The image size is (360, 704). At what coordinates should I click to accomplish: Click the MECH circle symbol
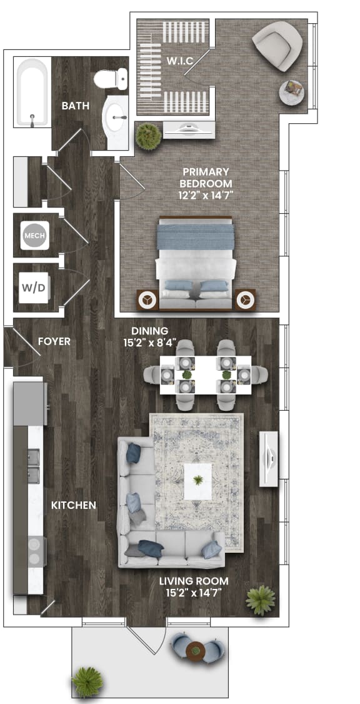(x=32, y=236)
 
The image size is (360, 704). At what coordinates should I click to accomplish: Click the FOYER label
(x=54, y=341)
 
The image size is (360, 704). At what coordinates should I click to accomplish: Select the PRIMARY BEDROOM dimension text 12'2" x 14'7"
(x=206, y=196)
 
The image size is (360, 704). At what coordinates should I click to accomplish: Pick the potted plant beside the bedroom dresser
(x=148, y=136)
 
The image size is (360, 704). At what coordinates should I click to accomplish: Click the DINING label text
(x=149, y=331)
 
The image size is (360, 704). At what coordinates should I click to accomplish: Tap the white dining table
(x=206, y=375)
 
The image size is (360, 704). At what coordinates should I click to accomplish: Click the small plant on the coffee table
(x=198, y=480)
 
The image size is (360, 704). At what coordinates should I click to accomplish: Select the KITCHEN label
(x=74, y=505)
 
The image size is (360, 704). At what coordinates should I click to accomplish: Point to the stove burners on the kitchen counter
(x=34, y=551)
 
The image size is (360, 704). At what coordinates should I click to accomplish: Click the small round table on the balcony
(x=196, y=651)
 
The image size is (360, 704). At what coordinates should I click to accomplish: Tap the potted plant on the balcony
(x=87, y=681)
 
